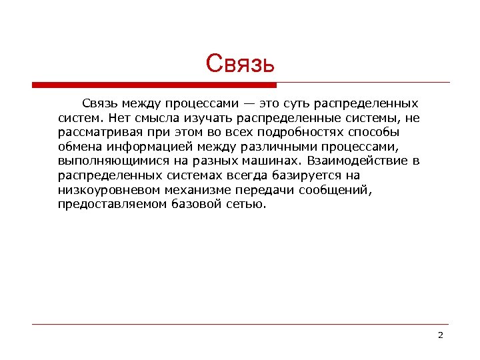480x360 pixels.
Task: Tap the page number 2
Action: (440, 335)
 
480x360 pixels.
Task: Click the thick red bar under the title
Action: (154, 85)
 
